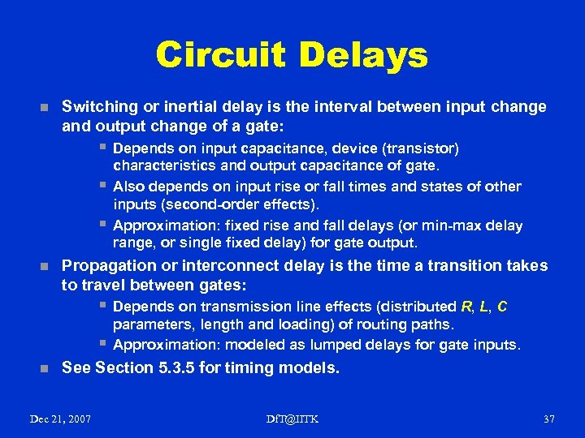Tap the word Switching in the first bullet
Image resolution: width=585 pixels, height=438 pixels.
pyautogui.click(x=97, y=107)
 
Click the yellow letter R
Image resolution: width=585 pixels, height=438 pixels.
pyautogui.click(x=466, y=307)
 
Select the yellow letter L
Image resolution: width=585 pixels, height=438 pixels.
pyautogui.click(x=484, y=307)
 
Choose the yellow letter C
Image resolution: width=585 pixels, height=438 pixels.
pyautogui.click(x=502, y=307)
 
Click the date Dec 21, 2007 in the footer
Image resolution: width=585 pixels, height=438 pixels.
pyautogui.click(x=60, y=419)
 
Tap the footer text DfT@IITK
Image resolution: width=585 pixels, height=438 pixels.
pyautogui.click(x=292, y=419)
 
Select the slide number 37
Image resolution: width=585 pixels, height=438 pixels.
pyautogui.click(x=548, y=419)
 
